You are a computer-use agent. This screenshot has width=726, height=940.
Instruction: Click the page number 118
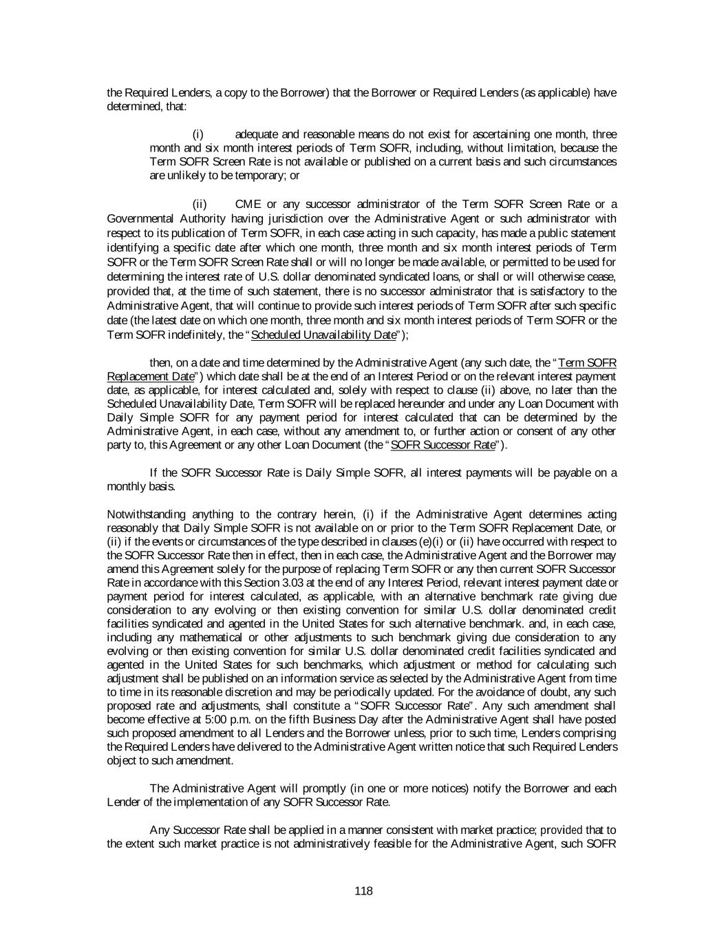tap(363, 891)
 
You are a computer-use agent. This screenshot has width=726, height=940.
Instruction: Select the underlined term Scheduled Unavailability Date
tap(325, 335)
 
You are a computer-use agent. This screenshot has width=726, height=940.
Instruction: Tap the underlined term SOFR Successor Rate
tap(442, 445)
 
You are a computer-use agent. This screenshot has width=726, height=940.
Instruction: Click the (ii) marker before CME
tap(200, 204)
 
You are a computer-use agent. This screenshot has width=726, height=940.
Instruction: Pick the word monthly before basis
tap(128, 486)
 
